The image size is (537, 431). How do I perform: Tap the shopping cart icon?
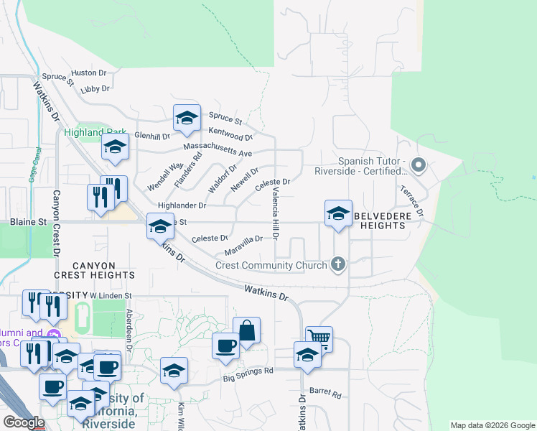tap(319, 338)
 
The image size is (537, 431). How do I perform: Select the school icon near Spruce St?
tap(187, 119)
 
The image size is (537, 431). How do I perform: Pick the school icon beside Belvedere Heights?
tap(338, 213)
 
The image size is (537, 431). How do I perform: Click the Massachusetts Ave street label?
tap(218, 149)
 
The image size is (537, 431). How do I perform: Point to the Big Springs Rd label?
tap(248, 372)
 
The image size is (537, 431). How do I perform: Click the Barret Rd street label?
tap(325, 394)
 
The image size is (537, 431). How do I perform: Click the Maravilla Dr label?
tap(243, 245)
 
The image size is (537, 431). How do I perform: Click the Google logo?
tap(24, 422)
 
